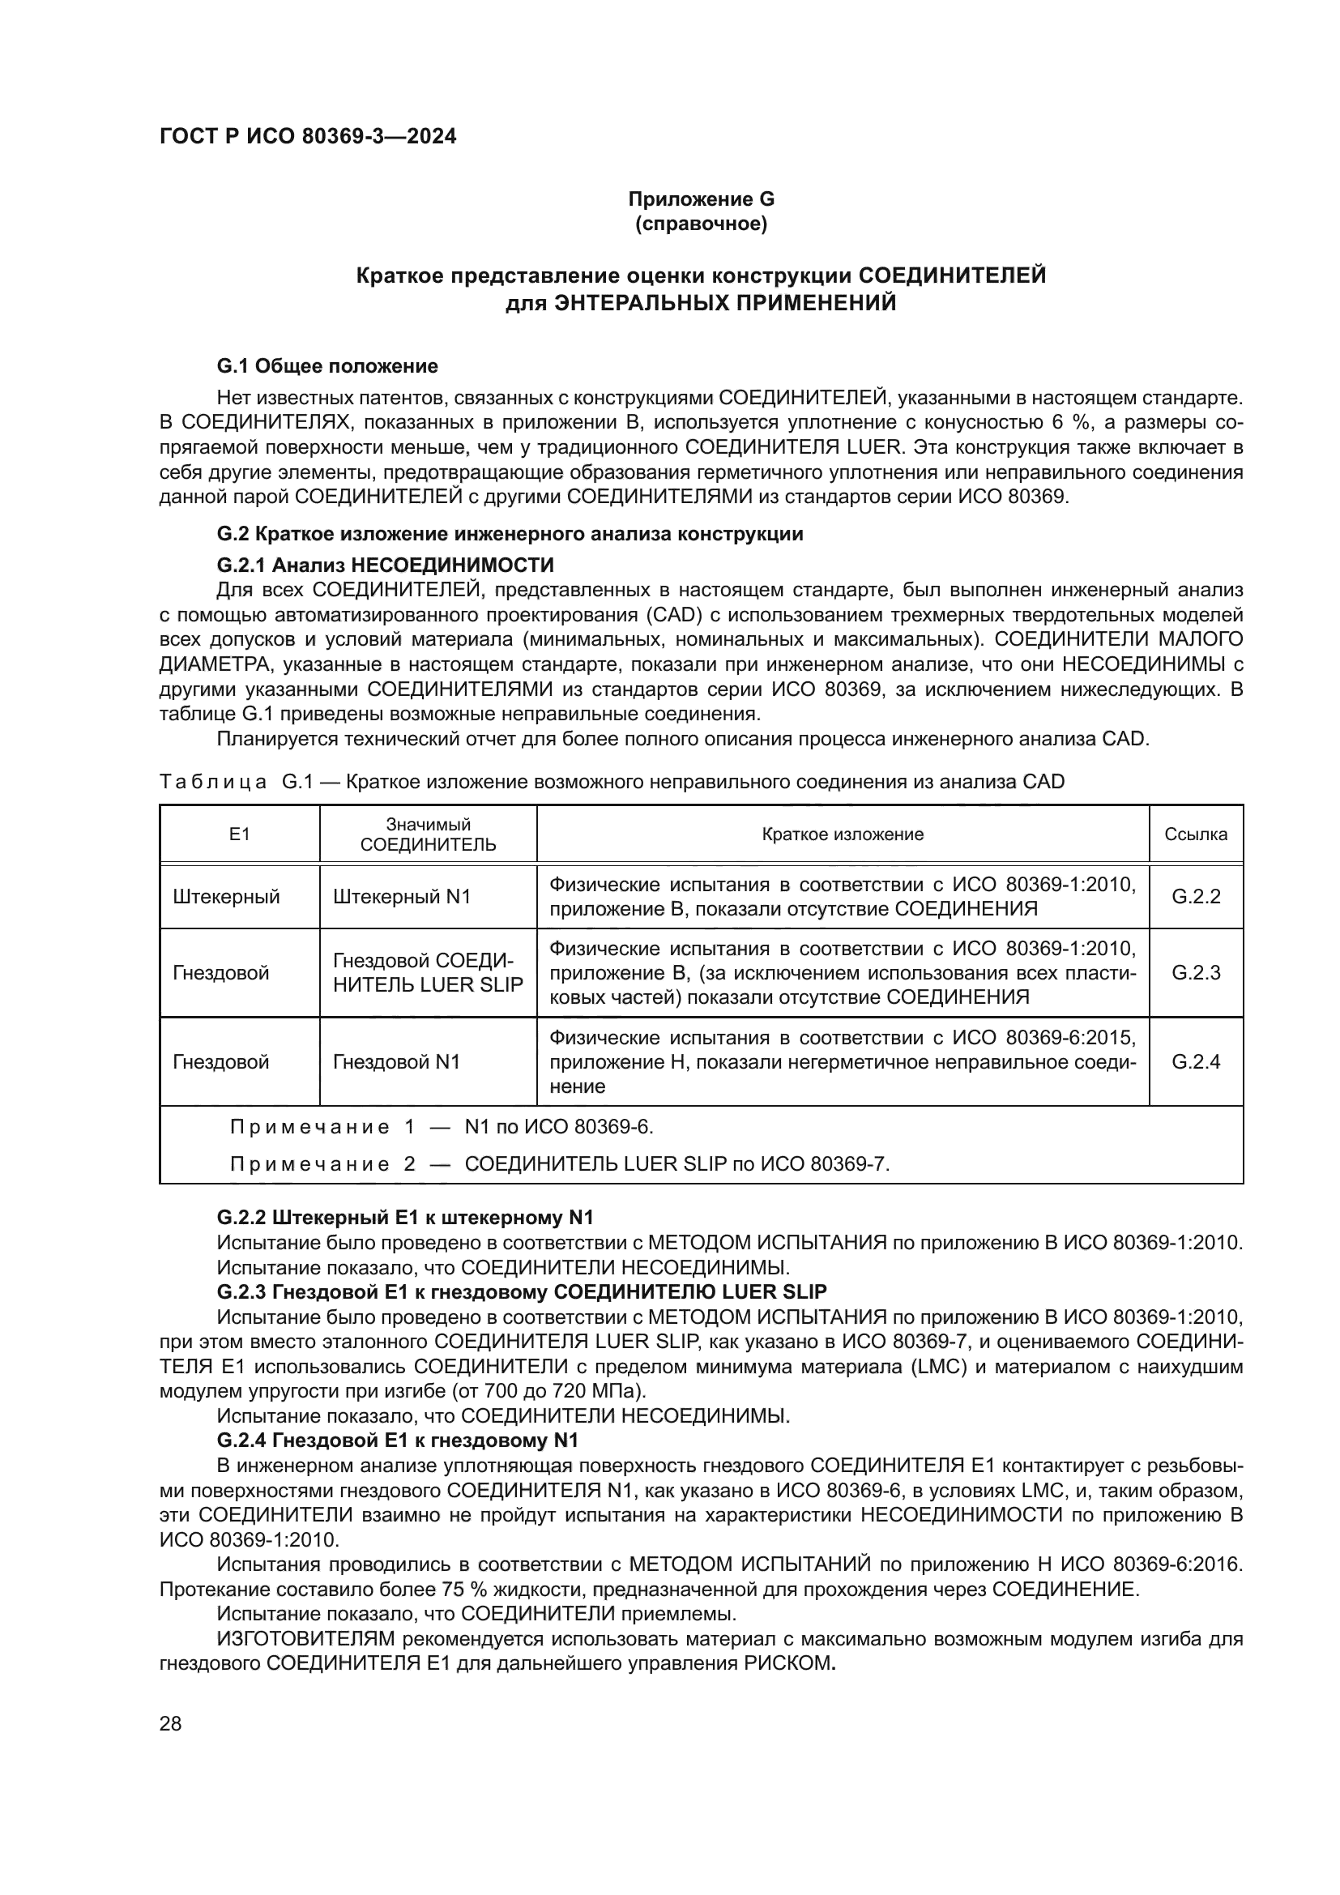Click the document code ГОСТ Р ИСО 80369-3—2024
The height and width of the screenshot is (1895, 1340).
307,137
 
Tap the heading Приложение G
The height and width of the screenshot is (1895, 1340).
701,199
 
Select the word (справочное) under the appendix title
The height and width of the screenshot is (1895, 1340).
701,224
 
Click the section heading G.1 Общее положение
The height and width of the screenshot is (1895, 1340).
326,365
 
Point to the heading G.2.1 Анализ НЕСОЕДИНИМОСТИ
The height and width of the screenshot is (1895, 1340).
385,565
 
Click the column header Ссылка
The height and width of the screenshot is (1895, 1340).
1195,834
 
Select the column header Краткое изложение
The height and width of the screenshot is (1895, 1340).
842,834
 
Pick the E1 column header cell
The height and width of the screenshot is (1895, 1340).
239,834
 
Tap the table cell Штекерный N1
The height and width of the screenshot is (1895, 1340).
402,896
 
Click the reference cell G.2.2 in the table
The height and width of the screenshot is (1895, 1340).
1195,896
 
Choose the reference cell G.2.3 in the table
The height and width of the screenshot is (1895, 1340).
1195,972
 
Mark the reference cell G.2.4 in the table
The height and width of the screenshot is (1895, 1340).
1195,1061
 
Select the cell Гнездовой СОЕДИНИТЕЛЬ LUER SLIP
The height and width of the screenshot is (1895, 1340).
428,972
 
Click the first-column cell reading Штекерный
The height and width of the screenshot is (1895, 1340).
226,896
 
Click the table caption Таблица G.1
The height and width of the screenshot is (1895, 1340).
236,782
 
